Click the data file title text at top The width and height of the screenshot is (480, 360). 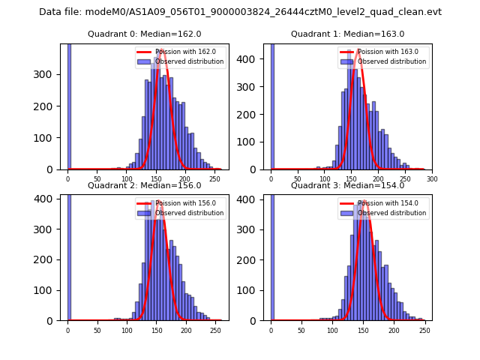pyautogui.click(x=240, y=12)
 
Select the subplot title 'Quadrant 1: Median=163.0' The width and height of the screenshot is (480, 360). pyautogui.click(x=347, y=34)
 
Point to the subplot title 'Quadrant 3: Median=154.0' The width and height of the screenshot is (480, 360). pyautogui.click(x=347, y=185)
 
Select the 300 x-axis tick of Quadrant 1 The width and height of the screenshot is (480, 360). pyautogui.click(x=432, y=179)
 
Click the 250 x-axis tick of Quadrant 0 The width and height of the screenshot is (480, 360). pyautogui.click(x=186, y=179)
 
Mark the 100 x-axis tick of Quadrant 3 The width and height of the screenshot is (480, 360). pyautogui.click(x=331, y=331)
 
